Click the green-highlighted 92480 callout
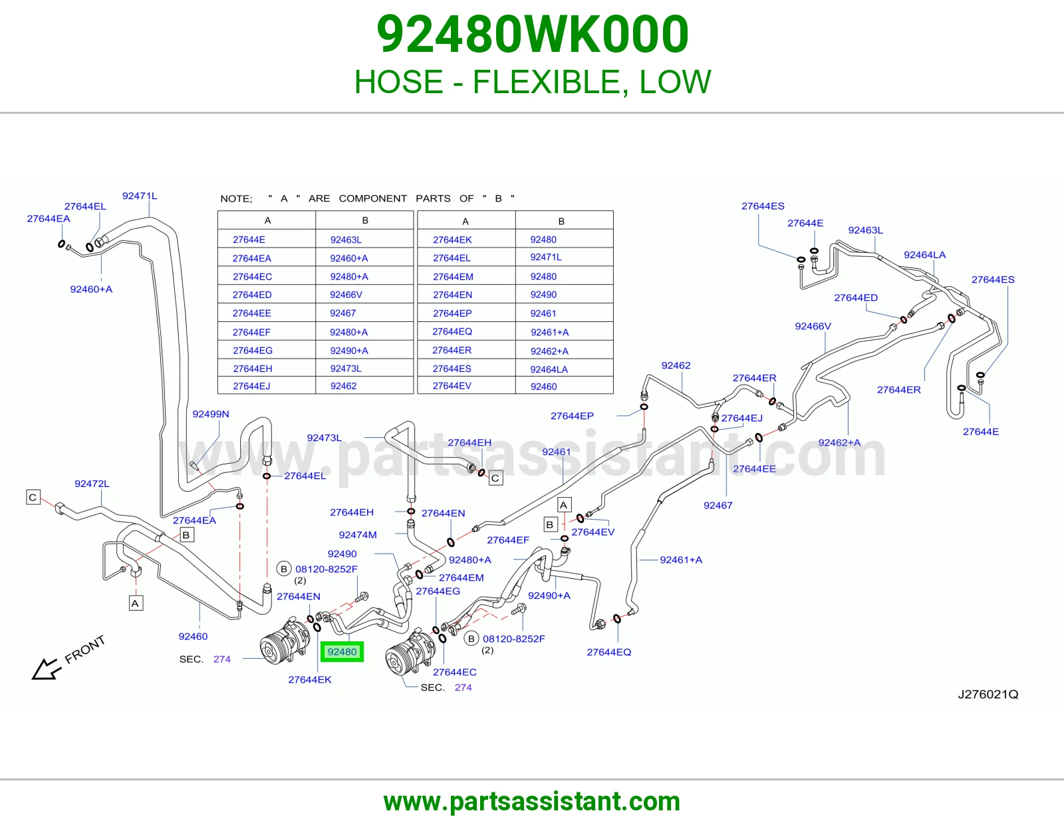[342, 651]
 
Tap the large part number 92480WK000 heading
[532, 34]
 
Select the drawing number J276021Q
[988, 694]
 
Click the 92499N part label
[211, 414]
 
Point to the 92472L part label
[92, 484]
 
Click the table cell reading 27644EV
[452, 386]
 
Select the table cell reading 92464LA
[549, 369]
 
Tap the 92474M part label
[358, 535]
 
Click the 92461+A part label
[681, 560]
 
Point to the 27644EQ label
[609, 652]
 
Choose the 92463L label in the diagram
[866, 230]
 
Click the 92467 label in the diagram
[718, 506]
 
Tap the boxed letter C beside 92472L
[33, 497]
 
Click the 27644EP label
[572, 416]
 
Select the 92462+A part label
[839, 442]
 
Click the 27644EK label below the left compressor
[310, 679]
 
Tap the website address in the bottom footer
[532, 802]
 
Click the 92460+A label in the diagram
[91, 289]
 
